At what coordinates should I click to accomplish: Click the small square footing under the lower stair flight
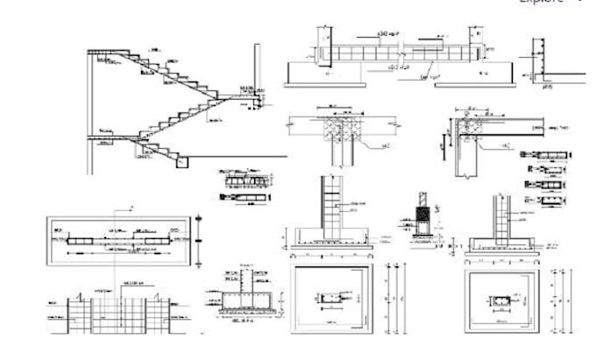click(x=181, y=161)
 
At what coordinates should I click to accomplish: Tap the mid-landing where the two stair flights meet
click(x=248, y=99)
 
